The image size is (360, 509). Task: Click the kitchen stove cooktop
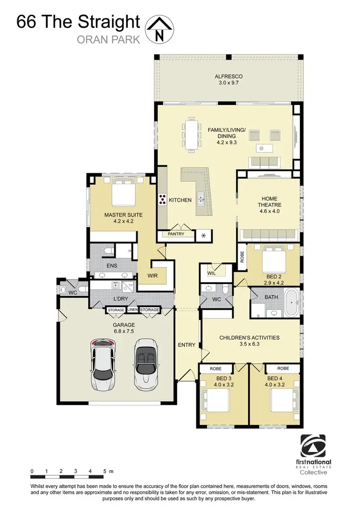tap(162, 200)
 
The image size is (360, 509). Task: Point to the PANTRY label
tap(176, 235)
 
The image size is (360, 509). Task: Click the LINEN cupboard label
tap(132, 310)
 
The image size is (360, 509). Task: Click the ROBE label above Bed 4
tap(283, 368)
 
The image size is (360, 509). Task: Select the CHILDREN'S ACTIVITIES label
tap(249, 338)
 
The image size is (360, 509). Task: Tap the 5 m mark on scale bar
tap(105, 472)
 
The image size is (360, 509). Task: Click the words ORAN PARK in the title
tap(108, 39)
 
